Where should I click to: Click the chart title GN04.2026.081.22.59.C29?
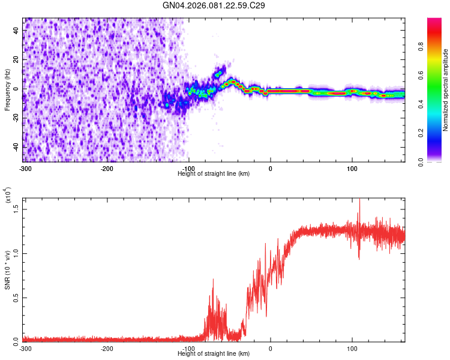pyautogui.click(x=214, y=5)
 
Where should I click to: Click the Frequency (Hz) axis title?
pyautogui.click(x=8, y=89)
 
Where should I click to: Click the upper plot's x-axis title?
pyautogui.click(x=214, y=173)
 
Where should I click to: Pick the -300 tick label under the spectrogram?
pyautogui.click(x=25, y=168)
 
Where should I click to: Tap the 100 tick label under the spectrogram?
pyautogui.click(x=352, y=168)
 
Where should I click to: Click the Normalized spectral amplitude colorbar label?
pyautogui.click(x=446, y=90)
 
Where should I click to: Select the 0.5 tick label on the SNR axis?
pyautogui.click(x=16, y=297)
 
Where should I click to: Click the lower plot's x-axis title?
pyautogui.click(x=214, y=353)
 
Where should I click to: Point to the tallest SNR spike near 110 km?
pyautogui.click(x=359, y=202)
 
